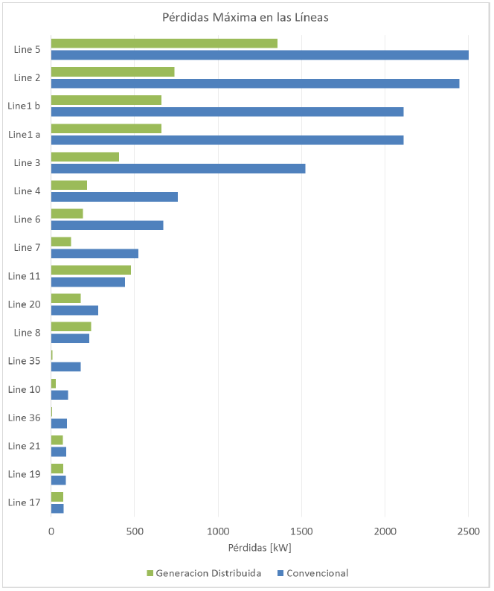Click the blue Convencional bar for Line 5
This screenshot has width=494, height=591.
point(260,55)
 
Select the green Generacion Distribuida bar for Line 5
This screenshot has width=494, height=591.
point(164,43)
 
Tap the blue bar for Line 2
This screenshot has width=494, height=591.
point(254,83)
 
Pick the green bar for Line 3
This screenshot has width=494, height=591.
point(85,156)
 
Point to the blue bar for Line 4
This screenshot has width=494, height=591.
point(114,197)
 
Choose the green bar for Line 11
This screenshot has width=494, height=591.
point(91,269)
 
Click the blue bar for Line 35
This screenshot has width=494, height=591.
point(65,366)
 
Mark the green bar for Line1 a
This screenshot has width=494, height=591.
point(106,128)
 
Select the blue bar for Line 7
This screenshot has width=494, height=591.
point(94,253)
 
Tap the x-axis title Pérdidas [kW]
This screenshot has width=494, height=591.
point(260,549)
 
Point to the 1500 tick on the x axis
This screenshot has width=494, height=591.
point(301,532)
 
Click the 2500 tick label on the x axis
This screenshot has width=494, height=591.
point(468,532)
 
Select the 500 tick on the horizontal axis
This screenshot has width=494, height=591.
point(134,532)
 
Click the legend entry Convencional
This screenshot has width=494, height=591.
point(317,573)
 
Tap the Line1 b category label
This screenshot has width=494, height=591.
point(24,106)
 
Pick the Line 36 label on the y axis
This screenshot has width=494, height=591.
point(24,417)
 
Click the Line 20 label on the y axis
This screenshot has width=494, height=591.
point(24,304)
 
